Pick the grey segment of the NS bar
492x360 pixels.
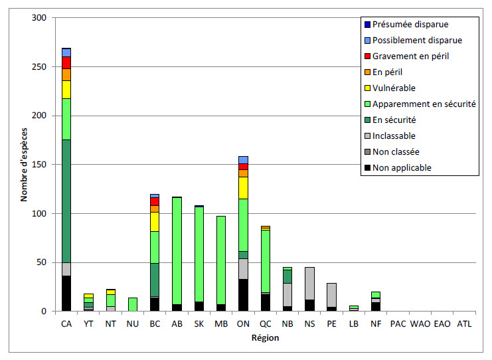[x=309, y=283]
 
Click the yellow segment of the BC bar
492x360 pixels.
[x=155, y=222]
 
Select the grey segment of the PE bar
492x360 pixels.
[x=331, y=295]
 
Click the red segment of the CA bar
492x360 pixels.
[x=66, y=62]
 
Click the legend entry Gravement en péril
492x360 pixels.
[x=411, y=56]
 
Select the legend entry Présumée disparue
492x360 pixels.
[x=410, y=24]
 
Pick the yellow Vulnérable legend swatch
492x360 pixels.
[x=367, y=88]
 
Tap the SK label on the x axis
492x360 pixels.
[x=199, y=323]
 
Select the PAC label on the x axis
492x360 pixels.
[x=398, y=323]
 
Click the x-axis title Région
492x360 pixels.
[x=265, y=338]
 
